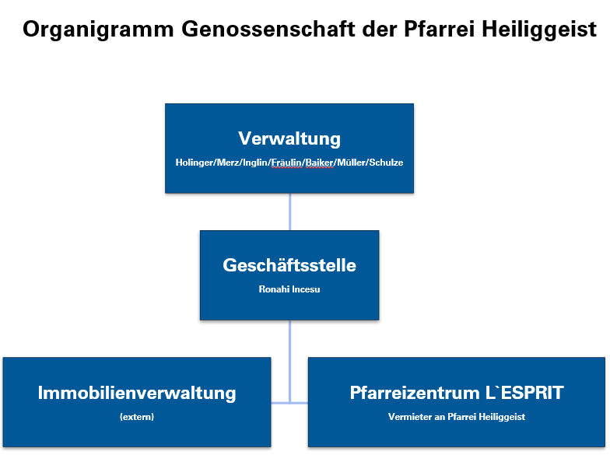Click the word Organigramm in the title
[x=98, y=30]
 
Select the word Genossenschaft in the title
[x=268, y=30]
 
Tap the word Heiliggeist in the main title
[x=539, y=30]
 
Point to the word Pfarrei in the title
[x=439, y=30]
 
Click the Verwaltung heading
[x=289, y=138]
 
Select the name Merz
[x=229, y=163]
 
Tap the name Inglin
[x=255, y=163]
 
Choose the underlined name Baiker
[x=320, y=163]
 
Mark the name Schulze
[x=386, y=163]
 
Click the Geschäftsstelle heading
[x=289, y=265]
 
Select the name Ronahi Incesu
[x=289, y=289]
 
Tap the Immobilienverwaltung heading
[x=137, y=393]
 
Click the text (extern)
[x=137, y=417]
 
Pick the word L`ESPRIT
[x=524, y=393]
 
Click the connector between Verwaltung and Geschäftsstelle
[x=289, y=212]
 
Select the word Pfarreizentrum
[x=415, y=393]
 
